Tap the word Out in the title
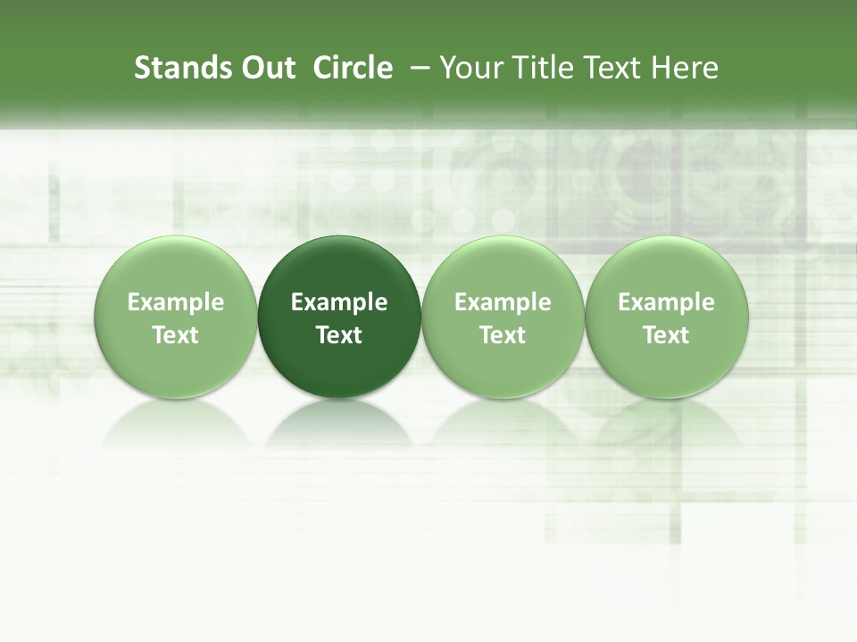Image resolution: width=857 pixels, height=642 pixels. pos(266,68)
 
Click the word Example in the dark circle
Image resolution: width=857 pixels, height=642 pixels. pos(339,302)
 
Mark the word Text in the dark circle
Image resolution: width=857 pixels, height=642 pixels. pos(339,335)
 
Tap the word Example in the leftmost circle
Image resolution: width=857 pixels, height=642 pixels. pos(176,302)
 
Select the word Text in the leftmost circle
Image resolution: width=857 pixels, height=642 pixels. pos(176,335)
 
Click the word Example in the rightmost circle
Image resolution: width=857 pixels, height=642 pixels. pos(667,302)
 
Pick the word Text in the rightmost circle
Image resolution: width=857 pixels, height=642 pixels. pos(667,335)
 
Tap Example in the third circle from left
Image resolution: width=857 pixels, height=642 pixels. pos(503,302)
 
